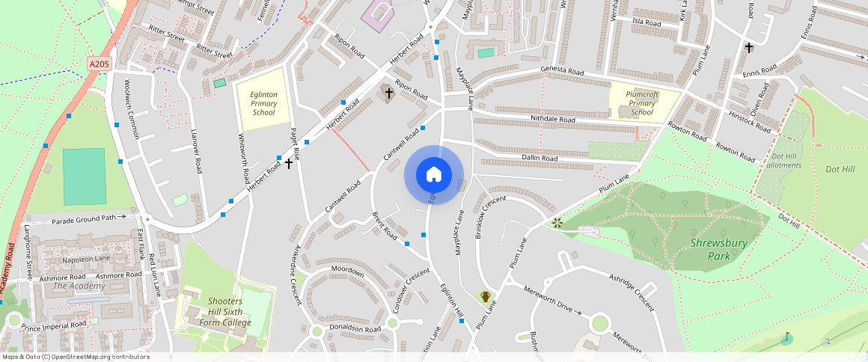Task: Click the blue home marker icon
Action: pos(434,175)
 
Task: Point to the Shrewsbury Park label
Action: pos(709,250)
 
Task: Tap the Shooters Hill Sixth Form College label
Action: pos(225,312)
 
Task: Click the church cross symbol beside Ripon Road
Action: pos(388,93)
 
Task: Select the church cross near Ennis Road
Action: pos(749,48)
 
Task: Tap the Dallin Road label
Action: pos(540,159)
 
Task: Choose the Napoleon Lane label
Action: pos(86,259)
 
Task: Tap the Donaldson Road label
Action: pos(356,328)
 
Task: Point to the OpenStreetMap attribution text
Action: pos(76,357)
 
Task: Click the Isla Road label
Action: pos(647,23)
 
